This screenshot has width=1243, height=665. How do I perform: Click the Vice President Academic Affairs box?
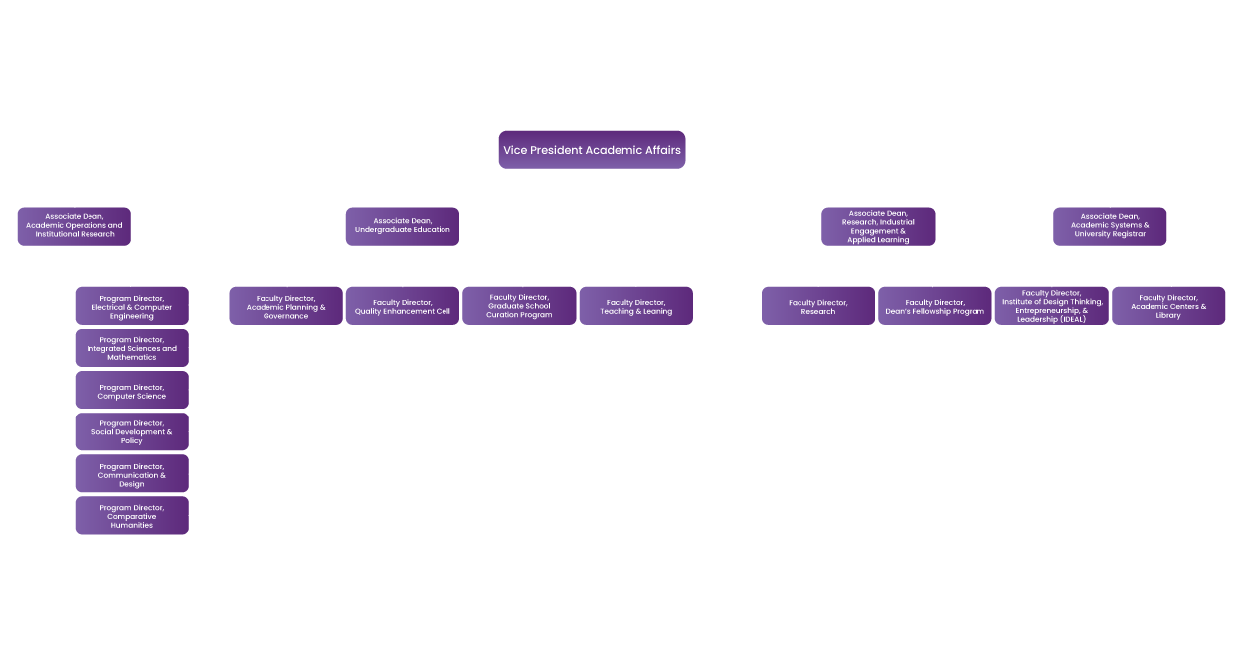[592, 150]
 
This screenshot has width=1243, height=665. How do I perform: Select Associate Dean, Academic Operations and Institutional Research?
[75, 226]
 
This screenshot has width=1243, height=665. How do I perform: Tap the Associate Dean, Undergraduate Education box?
[402, 226]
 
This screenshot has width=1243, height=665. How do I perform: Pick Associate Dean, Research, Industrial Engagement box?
[878, 226]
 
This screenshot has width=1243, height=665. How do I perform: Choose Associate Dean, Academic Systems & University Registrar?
[1110, 226]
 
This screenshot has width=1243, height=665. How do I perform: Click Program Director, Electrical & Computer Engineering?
[131, 306]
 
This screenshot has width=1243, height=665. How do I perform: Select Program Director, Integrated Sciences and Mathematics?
[131, 348]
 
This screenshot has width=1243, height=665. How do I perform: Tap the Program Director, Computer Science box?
[131, 391]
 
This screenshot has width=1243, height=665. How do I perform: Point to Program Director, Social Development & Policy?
[131, 432]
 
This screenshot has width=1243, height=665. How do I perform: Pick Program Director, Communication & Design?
[131, 474]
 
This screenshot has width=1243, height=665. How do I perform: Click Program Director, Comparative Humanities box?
[131, 516]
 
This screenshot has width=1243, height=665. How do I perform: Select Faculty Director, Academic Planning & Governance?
[285, 306]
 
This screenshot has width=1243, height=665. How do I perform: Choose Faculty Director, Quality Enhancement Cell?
[402, 306]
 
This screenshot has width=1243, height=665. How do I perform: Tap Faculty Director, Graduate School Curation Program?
[519, 306]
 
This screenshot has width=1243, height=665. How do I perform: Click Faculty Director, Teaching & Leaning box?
[635, 306]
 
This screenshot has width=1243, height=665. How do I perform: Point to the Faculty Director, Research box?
[817, 306]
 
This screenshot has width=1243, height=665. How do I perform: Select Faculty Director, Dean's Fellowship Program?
[935, 306]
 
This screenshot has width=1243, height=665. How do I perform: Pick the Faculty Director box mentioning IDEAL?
[1051, 306]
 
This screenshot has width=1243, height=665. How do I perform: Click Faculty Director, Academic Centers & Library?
[1168, 306]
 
